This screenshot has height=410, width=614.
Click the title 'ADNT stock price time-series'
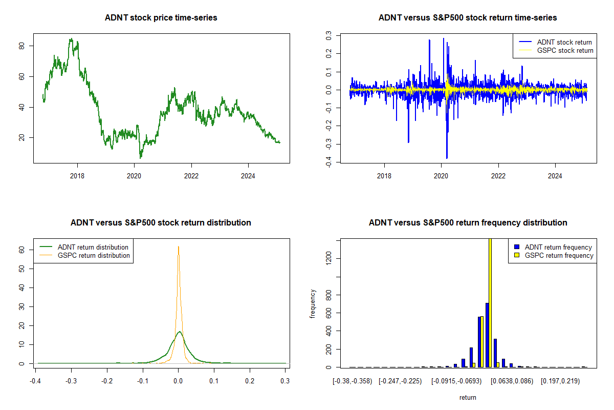pos(161,18)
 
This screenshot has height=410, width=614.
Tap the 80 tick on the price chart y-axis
pos(25,46)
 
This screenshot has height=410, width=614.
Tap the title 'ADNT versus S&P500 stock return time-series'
pos(468,18)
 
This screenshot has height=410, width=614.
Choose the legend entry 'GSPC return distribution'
pos(94,255)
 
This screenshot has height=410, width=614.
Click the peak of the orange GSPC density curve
pos(178,247)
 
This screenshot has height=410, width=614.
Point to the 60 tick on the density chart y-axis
pos(22,250)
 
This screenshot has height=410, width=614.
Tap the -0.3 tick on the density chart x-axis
pos(71,381)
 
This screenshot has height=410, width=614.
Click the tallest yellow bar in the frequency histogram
pos(490,302)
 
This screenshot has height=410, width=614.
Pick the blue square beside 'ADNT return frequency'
pos(517,247)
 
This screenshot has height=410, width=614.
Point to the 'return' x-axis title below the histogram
pos(468,398)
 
